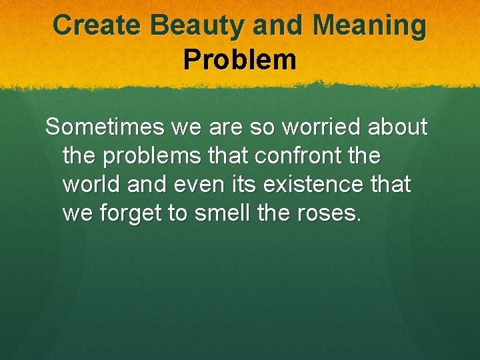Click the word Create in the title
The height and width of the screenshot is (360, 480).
pyautogui.click(x=98, y=25)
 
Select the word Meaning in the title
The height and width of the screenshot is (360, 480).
pyautogui.click(x=370, y=25)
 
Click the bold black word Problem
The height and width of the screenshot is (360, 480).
pyautogui.click(x=239, y=59)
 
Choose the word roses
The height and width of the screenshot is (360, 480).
pyautogui.click(x=331, y=213)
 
